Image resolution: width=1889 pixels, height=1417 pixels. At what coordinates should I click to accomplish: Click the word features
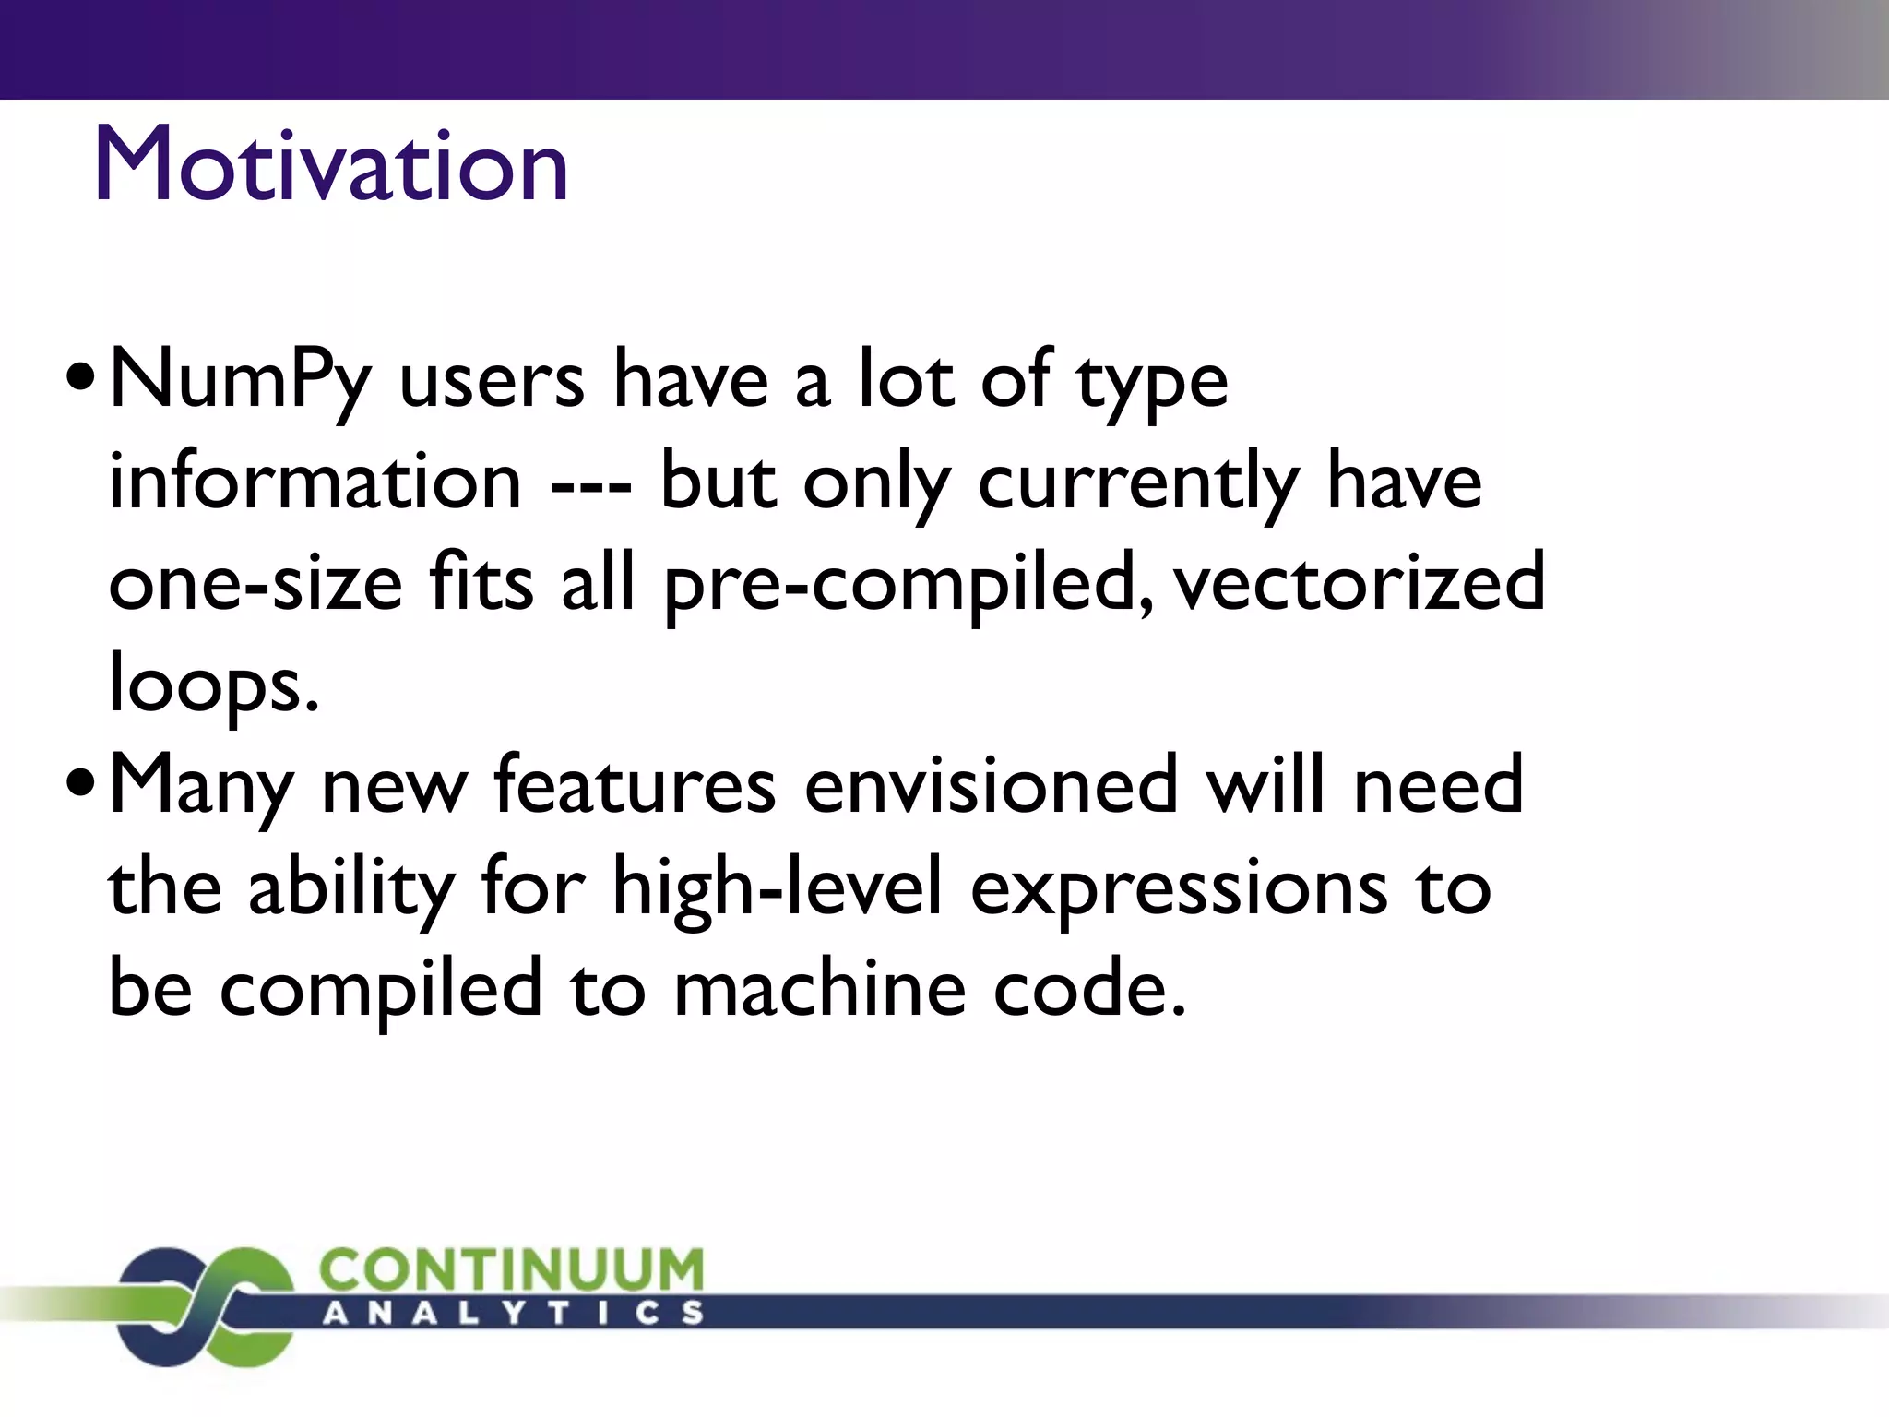635,786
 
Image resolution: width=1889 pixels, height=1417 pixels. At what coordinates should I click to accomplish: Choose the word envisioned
992,786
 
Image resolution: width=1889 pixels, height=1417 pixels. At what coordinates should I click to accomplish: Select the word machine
820,989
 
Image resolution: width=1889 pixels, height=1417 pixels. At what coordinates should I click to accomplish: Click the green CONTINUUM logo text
511,1270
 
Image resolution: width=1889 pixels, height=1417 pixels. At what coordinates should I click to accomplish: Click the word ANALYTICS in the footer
513,1313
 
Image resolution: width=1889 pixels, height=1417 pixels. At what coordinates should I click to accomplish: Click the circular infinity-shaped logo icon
205,1305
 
